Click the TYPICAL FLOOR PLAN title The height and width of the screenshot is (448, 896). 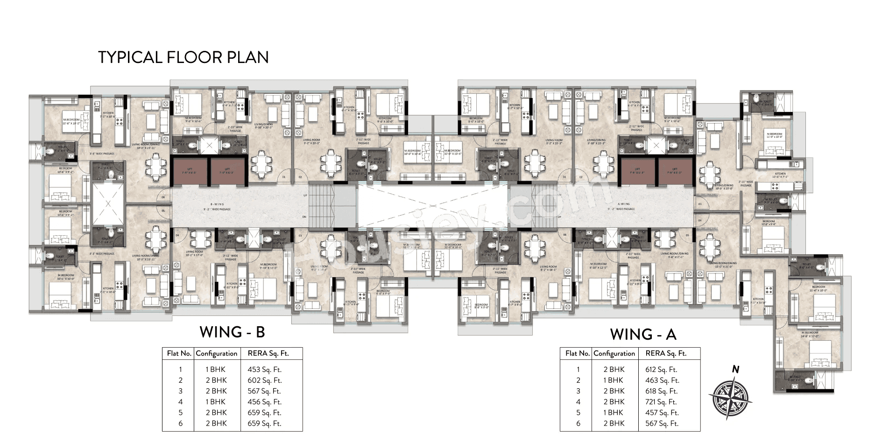[183, 57]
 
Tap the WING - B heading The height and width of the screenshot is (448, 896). [232, 332]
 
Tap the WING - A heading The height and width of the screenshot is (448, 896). [643, 334]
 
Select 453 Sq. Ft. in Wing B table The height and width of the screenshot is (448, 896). [264, 370]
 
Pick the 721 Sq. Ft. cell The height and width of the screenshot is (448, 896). [661, 402]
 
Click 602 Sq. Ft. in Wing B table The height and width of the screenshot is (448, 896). [264, 380]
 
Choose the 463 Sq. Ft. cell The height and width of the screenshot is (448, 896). [662, 380]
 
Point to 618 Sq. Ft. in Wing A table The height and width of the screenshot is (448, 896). [661, 391]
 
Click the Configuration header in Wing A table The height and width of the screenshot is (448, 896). [614, 353]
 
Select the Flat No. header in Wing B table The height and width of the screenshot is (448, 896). [179, 353]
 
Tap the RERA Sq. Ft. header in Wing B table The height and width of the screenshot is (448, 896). [268, 353]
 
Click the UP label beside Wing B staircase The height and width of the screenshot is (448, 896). [305, 195]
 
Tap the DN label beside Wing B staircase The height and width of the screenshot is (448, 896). [305, 217]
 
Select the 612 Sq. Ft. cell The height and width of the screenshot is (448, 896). [661, 370]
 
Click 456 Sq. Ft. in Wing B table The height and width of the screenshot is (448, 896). [264, 402]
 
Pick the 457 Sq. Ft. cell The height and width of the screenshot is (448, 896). [662, 413]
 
